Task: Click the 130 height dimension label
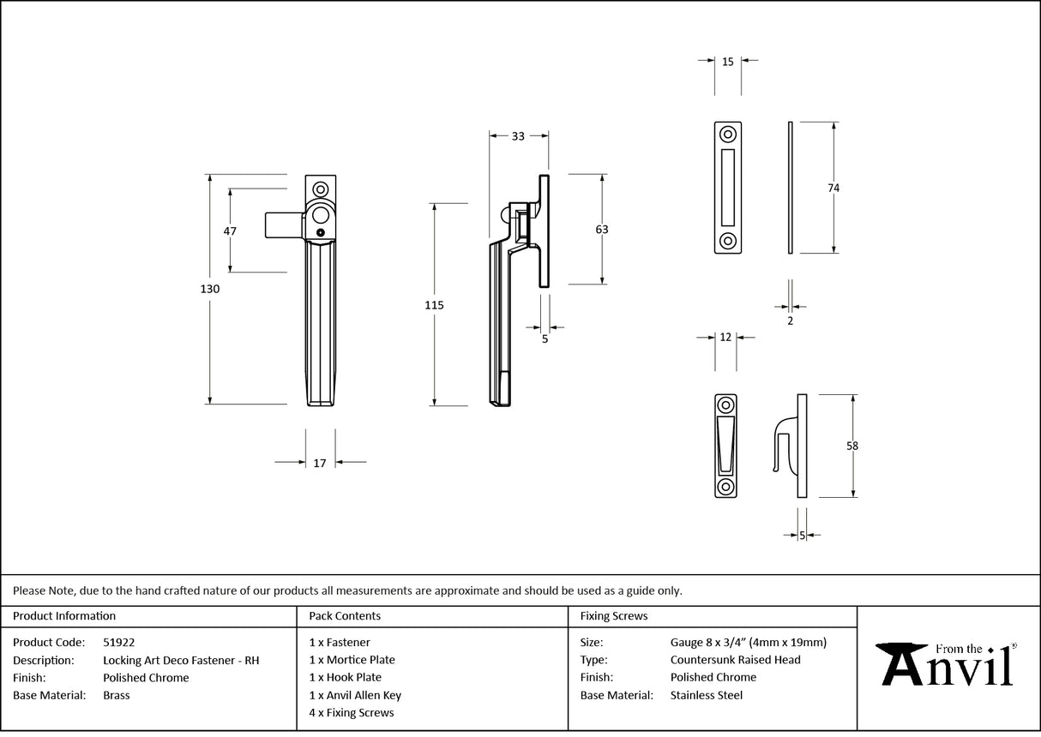pos(210,290)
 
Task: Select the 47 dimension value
pos(230,231)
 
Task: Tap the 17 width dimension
pos(320,463)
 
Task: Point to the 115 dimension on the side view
pos(434,305)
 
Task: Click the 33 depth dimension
pos(518,136)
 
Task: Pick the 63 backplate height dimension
pos(601,230)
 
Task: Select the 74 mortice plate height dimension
pos(833,188)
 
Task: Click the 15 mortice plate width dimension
pos(727,62)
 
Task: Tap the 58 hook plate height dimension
pos(851,446)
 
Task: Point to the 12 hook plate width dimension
pos(725,338)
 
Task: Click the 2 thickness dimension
pos(790,321)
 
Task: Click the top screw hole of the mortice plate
pos(728,135)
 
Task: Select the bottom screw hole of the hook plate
pos(725,487)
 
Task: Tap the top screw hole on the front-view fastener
pos(322,189)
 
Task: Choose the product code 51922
pos(118,642)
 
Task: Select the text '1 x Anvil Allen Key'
pos(355,695)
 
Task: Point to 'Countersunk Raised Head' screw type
pos(735,660)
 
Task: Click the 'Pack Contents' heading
pos(345,615)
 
